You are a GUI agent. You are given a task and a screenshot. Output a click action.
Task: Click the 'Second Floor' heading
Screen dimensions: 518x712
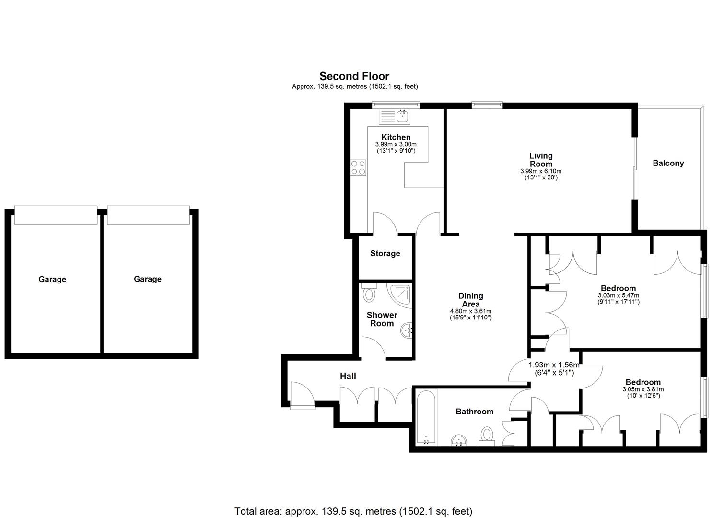(x=354, y=76)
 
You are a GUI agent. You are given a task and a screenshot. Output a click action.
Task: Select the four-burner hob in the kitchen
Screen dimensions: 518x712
(x=358, y=167)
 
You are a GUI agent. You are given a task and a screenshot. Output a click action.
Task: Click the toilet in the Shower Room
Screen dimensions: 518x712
(x=369, y=293)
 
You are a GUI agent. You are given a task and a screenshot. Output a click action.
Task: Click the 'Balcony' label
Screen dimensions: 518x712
(x=668, y=163)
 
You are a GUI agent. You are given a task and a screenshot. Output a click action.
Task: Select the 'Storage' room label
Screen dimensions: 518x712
(x=385, y=253)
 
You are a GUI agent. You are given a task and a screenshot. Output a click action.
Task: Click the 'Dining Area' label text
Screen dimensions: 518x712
(x=470, y=300)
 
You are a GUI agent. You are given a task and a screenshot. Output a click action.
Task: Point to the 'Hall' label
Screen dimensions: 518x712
(x=348, y=376)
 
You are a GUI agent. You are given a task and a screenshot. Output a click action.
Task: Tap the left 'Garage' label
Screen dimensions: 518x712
(x=52, y=279)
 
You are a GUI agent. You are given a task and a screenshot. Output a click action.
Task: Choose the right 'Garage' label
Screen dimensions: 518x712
(x=147, y=279)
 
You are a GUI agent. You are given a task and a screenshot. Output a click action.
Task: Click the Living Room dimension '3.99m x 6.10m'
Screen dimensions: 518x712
(x=540, y=171)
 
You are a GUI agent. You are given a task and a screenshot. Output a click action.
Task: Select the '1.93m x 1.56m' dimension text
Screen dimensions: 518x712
(x=554, y=365)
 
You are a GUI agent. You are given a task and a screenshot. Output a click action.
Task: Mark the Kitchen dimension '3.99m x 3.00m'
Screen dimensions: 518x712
(x=396, y=144)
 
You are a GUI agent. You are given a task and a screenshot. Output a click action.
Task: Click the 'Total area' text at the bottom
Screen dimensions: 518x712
(x=353, y=511)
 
